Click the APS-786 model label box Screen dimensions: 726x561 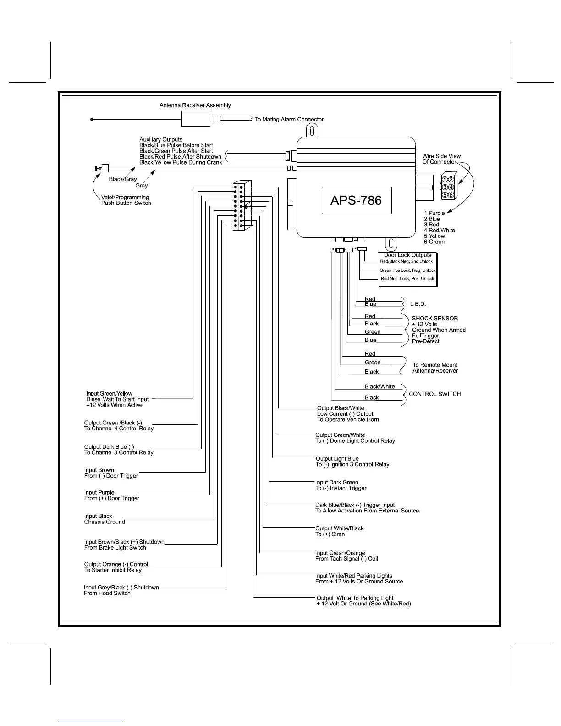[x=357, y=200]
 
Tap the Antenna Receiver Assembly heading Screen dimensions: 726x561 [x=195, y=105]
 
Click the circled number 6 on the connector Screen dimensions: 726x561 [x=451, y=195]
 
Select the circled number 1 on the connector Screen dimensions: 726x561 [x=445, y=180]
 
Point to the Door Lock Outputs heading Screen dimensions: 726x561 [x=407, y=255]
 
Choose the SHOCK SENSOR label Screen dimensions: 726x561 [x=434, y=318]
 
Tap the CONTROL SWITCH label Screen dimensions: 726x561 [x=434, y=394]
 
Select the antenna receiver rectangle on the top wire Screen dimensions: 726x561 [x=196, y=119]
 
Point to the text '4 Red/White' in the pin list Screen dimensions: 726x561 [x=439, y=231]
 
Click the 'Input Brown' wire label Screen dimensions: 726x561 [x=99, y=470]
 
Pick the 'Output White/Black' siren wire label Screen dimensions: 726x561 [x=339, y=528]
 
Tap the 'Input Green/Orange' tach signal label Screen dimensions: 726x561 [x=340, y=553]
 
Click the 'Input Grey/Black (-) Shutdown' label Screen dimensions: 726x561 [x=121, y=588]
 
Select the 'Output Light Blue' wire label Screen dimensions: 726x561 [x=337, y=459]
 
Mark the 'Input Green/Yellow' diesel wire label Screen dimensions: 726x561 [x=109, y=394]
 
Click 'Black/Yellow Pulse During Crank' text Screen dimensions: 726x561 [x=181, y=162]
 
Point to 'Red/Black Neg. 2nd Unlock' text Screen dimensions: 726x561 [x=406, y=262]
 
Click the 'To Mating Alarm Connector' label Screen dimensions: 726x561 [x=289, y=120]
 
